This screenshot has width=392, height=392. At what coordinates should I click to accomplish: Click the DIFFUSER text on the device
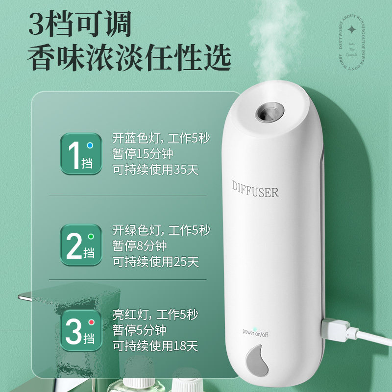(x=255, y=188)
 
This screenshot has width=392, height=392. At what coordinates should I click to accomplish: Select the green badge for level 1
(x=81, y=154)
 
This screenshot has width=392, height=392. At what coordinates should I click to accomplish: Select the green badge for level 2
(x=81, y=245)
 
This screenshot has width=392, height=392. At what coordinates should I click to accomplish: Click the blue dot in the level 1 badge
(x=90, y=146)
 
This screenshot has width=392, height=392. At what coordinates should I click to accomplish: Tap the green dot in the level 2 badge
(x=90, y=237)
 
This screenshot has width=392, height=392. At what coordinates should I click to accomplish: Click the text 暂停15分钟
(x=143, y=154)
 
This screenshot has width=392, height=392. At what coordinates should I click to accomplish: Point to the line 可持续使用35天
(x=156, y=170)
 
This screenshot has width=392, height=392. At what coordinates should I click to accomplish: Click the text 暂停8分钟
(x=140, y=245)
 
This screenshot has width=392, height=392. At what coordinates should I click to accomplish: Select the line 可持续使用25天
(x=156, y=262)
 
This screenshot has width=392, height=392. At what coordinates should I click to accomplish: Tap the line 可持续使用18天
(x=156, y=346)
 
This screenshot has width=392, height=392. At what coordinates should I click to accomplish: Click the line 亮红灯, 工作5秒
(x=155, y=314)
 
